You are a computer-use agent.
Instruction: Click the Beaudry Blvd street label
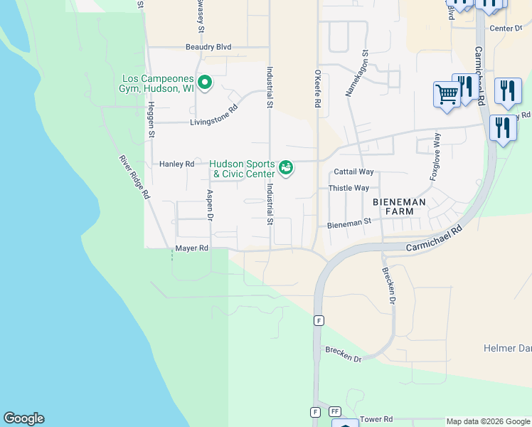208,47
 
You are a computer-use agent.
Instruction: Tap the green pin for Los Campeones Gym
205,83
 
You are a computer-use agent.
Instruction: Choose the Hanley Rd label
176,164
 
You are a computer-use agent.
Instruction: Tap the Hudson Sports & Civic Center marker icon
286,168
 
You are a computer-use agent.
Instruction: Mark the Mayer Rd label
192,248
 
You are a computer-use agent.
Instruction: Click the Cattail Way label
353,172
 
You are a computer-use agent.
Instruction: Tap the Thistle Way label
349,188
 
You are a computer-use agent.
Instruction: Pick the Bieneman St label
349,223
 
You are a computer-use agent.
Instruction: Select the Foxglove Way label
434,157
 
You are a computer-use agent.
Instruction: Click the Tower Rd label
377,420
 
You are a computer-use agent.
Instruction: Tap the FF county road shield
335,412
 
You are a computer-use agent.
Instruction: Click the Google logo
23,418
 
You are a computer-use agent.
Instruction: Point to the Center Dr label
506,28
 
